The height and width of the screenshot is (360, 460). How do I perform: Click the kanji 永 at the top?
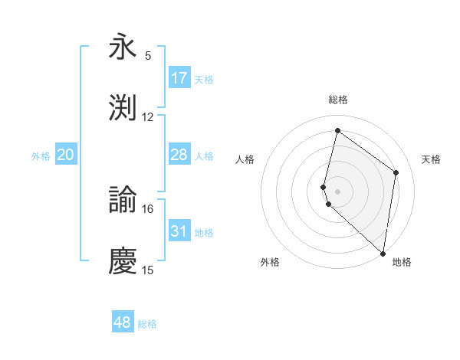coord(123,47)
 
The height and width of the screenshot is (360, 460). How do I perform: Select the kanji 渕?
coord(123,108)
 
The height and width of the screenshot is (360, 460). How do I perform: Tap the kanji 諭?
coord(123,201)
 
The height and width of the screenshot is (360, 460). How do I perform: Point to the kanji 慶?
coord(123,261)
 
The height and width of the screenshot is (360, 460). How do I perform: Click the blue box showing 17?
coord(179,77)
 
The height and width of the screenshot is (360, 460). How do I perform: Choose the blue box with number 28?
coord(179,155)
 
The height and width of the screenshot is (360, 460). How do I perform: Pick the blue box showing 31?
coord(179,231)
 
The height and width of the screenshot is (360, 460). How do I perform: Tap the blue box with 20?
coord(66,155)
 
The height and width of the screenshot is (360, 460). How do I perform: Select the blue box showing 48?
coord(123,322)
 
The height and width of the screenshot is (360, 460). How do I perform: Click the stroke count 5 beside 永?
coord(148,56)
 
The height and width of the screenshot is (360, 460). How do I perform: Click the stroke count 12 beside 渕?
coord(148,117)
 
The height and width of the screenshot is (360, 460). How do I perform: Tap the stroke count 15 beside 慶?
coord(148,270)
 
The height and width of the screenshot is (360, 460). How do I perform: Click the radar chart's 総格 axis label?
coord(338,100)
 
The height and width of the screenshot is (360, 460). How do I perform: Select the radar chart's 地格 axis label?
coord(402,263)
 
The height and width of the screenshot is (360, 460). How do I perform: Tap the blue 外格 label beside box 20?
coord(41,156)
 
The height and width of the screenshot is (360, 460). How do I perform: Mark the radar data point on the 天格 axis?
coord(396,172)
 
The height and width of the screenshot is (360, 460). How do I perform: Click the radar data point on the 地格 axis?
coord(383,254)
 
